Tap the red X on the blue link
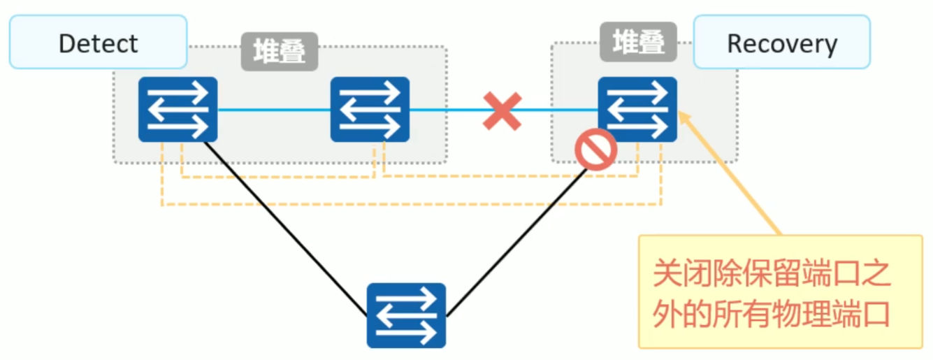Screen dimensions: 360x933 click(x=502, y=110)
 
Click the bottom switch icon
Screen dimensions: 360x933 click(x=406, y=315)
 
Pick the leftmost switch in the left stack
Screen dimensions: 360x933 click(x=178, y=109)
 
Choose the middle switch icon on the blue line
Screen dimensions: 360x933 click(x=370, y=109)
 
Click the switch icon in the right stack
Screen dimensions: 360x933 click(x=637, y=109)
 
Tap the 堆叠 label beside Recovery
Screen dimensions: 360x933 click(x=638, y=41)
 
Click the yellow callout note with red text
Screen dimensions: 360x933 click(x=780, y=291)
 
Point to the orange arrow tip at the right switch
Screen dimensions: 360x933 click(x=682, y=115)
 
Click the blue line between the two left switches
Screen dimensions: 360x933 click(x=273, y=110)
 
